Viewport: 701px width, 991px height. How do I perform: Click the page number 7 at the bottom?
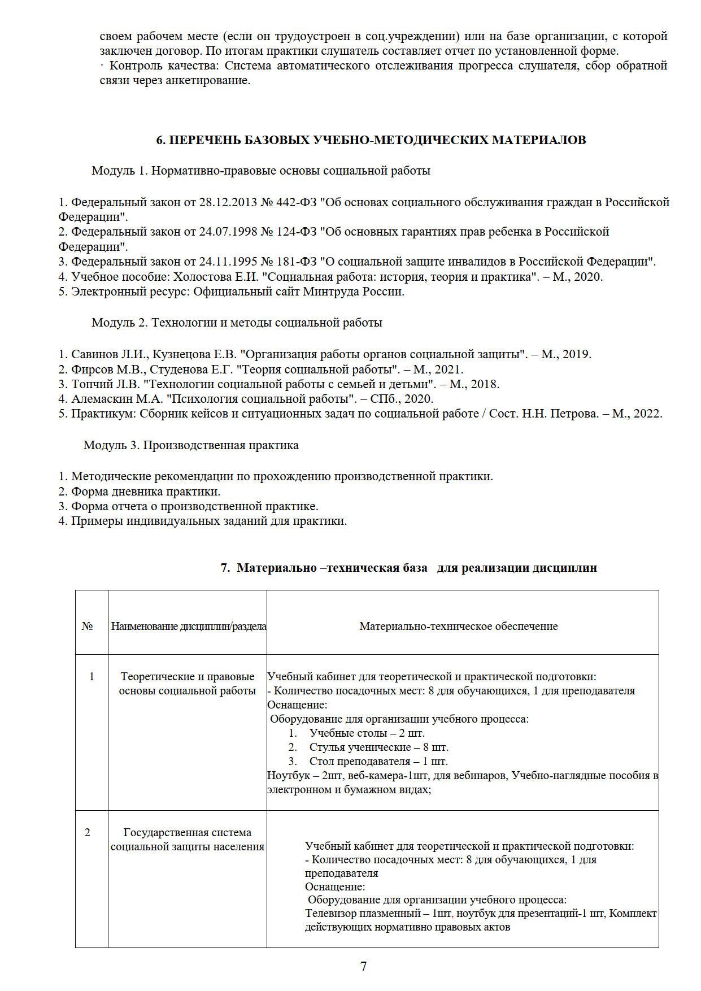[x=363, y=966]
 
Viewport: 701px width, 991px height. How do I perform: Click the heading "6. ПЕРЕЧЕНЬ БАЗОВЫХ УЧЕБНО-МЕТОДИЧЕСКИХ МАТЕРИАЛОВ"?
[x=371, y=140]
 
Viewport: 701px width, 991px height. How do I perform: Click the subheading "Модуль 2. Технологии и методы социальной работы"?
[x=237, y=323]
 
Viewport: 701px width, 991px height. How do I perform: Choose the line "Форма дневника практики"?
[x=145, y=491]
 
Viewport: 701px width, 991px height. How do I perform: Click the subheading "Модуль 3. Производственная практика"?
[x=191, y=445]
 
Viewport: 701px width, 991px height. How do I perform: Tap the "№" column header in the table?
[x=87, y=627]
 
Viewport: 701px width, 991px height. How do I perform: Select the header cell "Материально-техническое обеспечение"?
[x=458, y=626]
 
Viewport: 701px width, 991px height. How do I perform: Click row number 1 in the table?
[x=92, y=676]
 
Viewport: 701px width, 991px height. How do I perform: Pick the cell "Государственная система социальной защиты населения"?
[x=188, y=840]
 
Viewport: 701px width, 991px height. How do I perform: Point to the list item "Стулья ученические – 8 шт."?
[x=378, y=747]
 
